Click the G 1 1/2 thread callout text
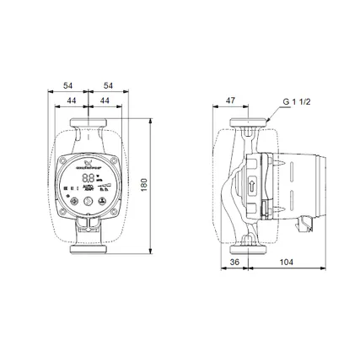tap(296, 101)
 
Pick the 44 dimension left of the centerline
tap(72, 100)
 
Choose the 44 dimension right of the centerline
tap(104, 100)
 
